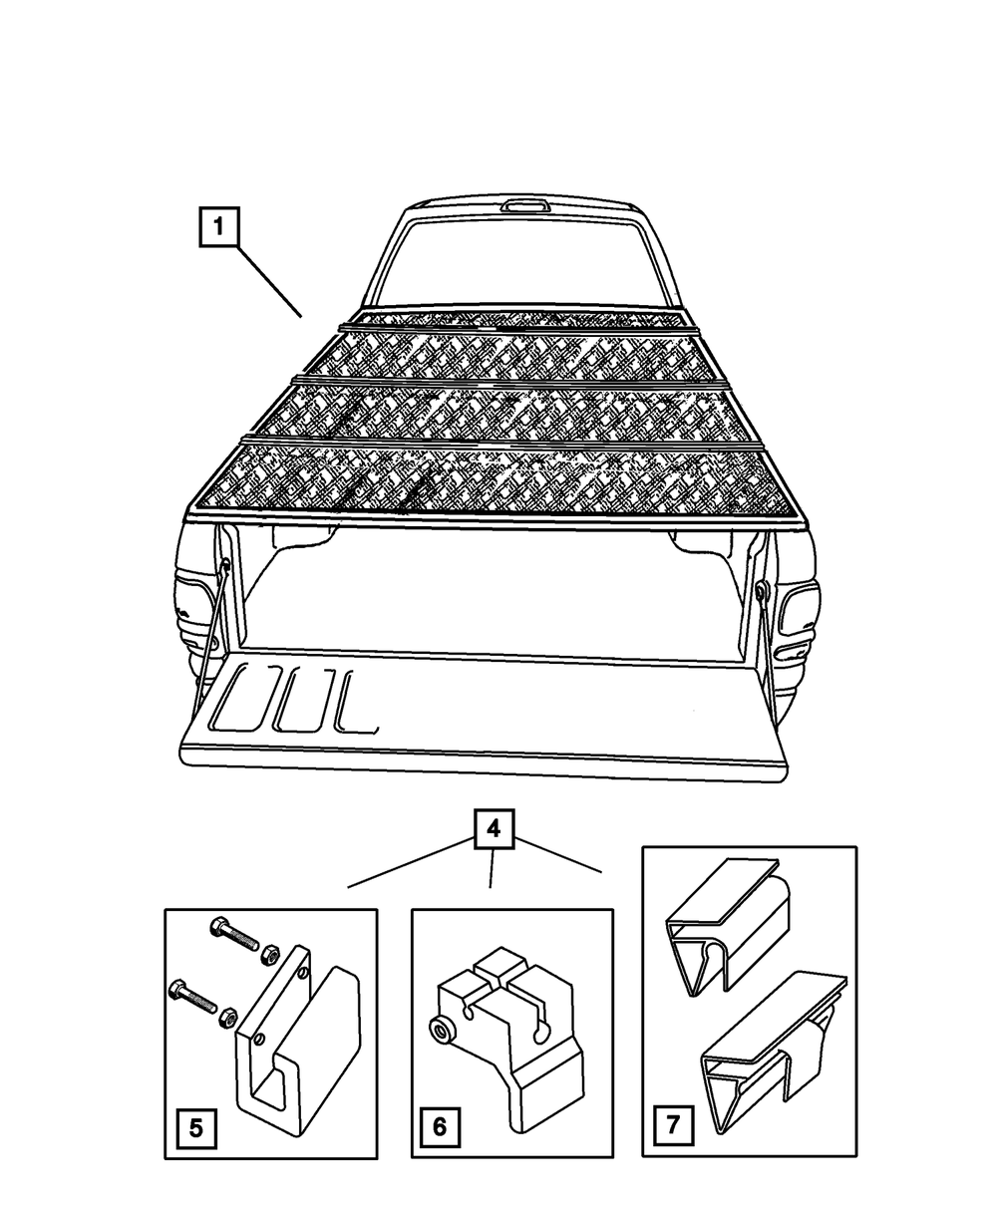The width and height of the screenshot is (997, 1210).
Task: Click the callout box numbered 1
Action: pos(219,227)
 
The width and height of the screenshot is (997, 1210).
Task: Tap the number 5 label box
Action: pos(195,1128)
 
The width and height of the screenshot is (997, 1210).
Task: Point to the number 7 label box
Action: pos(673,1126)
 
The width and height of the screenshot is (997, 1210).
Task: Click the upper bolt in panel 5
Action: pos(233,936)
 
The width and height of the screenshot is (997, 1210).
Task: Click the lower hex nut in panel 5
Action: pos(227,1018)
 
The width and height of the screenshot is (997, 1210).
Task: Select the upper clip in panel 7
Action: pos(728,922)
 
